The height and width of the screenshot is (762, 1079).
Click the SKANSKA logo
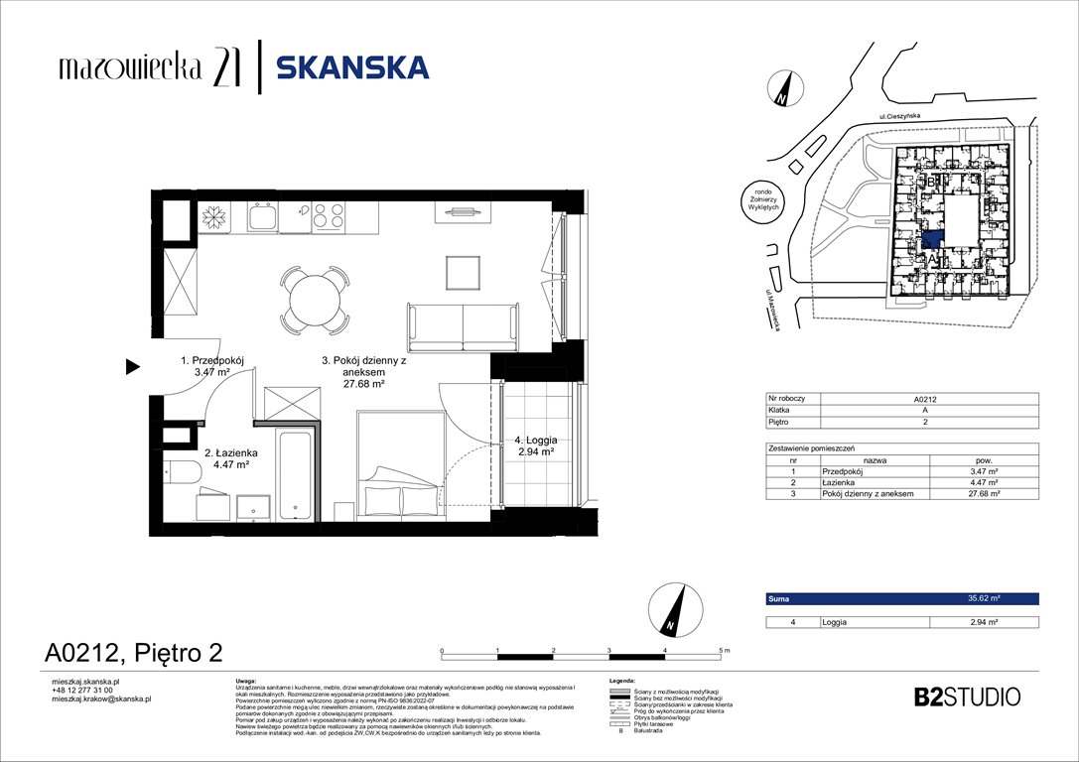pos(352,67)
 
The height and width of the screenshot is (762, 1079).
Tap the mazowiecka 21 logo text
pos(146,67)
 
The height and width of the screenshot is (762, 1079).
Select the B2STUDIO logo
pos(966,697)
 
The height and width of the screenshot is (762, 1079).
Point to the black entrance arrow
pos(132,367)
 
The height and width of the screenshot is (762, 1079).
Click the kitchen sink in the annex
pos(263,217)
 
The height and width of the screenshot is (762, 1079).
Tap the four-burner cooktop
pos(329,217)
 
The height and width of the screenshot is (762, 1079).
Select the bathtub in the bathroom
pos(297,473)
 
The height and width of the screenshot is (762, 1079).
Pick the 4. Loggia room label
pos(534,444)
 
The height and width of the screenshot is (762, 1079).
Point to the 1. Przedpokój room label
pos(212,366)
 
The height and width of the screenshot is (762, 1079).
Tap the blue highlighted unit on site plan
pos(932,239)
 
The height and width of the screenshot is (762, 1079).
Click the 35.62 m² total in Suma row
pos(983,599)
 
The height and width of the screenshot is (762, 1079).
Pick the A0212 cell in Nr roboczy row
pos(929,398)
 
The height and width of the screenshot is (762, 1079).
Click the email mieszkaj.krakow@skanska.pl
pos(100,698)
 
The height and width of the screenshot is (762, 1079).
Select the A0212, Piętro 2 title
pos(133,652)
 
